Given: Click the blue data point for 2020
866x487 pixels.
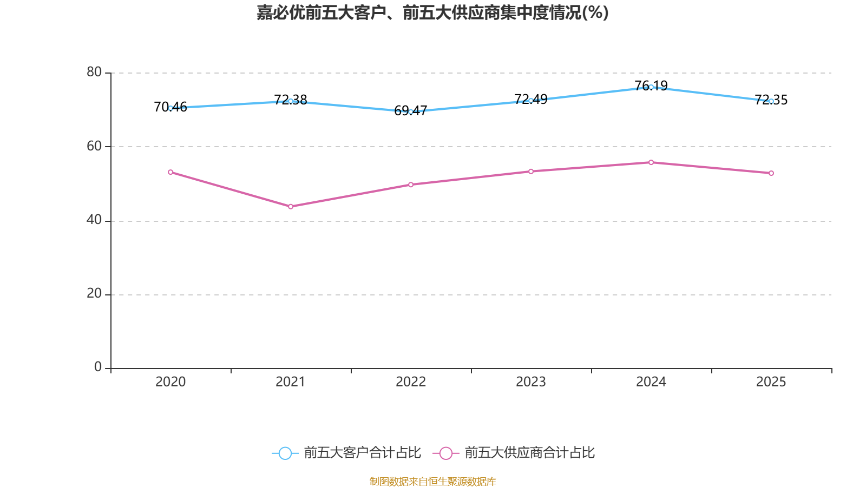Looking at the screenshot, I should coord(170,108).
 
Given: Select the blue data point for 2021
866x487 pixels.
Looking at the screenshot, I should coord(291,101).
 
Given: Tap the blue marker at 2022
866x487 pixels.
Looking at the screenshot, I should coord(411,111).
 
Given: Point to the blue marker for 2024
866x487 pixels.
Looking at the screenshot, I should coord(651,87).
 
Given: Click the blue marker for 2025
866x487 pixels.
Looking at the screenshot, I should coord(771,101).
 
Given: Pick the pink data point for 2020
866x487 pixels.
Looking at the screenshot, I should coord(170,172).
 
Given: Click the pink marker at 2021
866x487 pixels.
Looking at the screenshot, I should coord(291,206).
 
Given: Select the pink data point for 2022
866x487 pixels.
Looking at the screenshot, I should coord(411,185).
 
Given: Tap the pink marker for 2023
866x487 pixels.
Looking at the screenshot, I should coord(531,172).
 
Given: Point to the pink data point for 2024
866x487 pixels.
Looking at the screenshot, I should coord(651,162).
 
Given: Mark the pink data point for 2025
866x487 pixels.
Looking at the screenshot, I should coord(771,173).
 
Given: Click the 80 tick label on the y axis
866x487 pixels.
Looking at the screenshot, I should coord(94,72).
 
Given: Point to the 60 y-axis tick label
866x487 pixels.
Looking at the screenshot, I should coord(94,146).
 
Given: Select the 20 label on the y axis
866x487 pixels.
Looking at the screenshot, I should coord(94,294).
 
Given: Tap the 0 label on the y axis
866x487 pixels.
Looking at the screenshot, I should coord(98,367).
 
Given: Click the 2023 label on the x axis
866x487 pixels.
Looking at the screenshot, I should coord(531,382).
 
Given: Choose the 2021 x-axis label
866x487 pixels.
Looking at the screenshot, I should coord(291,382).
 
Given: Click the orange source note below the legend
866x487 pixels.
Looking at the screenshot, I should coord(433,481).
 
